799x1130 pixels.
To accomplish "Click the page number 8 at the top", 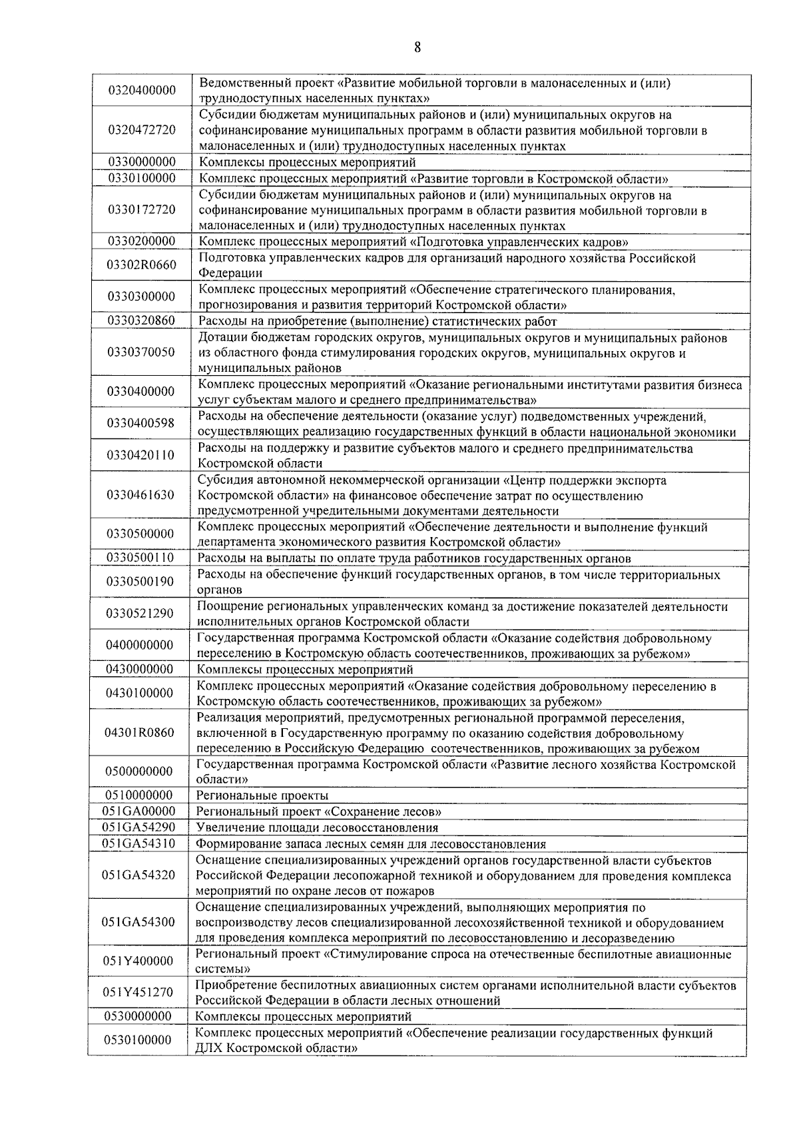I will (417, 47).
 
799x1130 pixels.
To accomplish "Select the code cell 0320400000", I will (142, 91).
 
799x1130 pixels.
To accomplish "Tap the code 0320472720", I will (142, 130).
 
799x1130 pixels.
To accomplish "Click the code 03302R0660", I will (142, 265).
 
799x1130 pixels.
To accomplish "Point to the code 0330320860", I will (141, 320).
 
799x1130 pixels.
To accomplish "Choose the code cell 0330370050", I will (141, 352).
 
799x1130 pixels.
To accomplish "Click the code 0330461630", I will (140, 494).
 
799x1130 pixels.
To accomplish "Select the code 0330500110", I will (140, 557).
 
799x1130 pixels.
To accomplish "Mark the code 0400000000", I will (140, 645).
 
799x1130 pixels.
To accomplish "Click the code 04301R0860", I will (139, 732).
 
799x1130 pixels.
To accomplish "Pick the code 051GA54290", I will (138, 827).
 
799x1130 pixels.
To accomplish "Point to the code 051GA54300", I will (138, 922).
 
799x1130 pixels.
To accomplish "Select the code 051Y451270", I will (138, 992).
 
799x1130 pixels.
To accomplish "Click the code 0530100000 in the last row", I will (138, 1040).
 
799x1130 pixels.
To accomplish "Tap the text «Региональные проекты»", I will (262, 796).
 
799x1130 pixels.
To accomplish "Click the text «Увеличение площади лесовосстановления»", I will (317, 828).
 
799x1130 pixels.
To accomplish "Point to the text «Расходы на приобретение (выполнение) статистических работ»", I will (378, 321).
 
